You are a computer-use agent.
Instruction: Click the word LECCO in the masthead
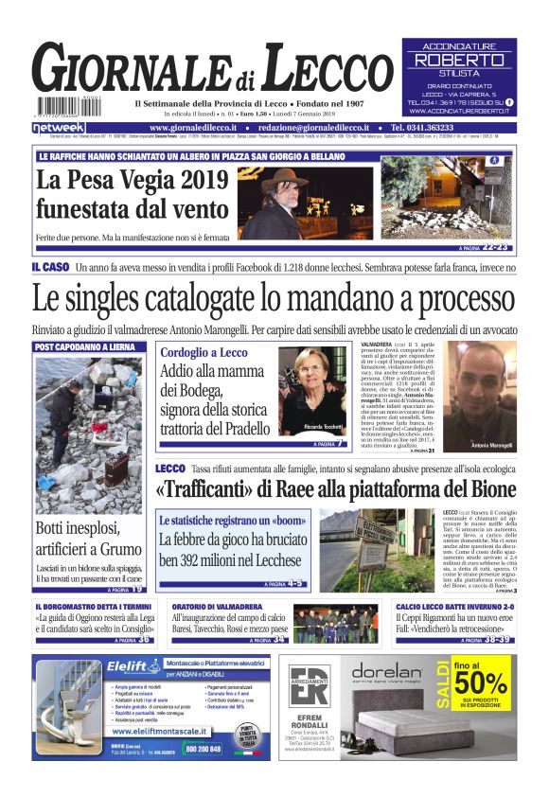314,71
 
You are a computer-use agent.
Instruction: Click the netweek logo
59,127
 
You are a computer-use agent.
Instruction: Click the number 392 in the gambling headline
197,560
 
